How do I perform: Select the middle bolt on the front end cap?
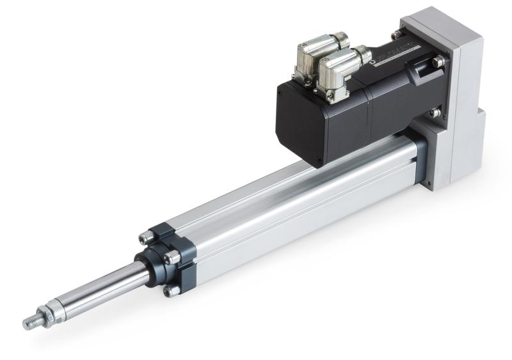[172, 258]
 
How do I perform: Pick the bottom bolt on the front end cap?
[171, 291]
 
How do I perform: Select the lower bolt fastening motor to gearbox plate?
[435, 113]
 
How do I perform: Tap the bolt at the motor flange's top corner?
[397, 35]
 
